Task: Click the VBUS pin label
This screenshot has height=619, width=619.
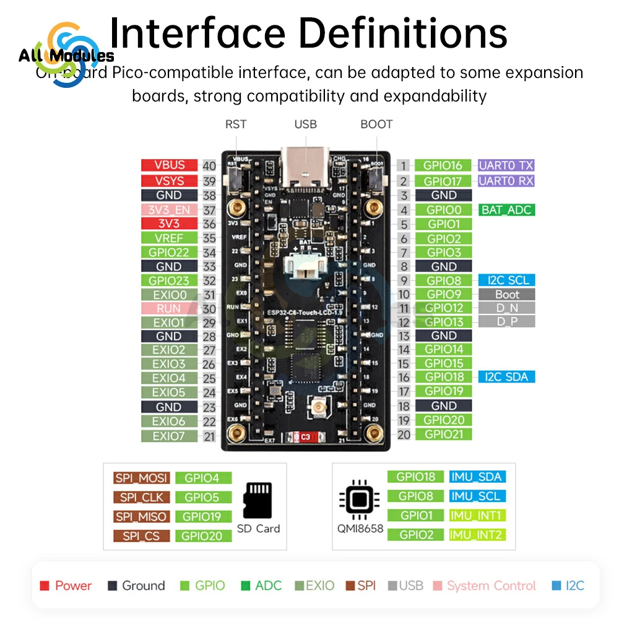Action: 169,165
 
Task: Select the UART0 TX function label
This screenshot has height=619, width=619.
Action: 506,165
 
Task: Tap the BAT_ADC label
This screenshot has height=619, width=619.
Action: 506,210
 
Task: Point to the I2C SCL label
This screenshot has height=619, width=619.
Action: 506,280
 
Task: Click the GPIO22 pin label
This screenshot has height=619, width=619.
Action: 169,252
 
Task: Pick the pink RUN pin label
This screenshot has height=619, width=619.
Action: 169,308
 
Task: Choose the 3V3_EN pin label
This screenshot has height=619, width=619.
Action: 169,209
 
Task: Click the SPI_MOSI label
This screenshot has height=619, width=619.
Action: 141,478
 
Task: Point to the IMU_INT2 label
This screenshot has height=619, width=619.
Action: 476,534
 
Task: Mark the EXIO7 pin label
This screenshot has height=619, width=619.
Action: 169,436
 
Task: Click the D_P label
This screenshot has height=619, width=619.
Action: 506,321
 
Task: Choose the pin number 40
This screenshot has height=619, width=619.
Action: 209,165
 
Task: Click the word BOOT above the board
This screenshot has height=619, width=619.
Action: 376,124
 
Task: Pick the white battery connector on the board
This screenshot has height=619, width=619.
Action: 305,267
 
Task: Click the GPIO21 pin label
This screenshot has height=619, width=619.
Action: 444,434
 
